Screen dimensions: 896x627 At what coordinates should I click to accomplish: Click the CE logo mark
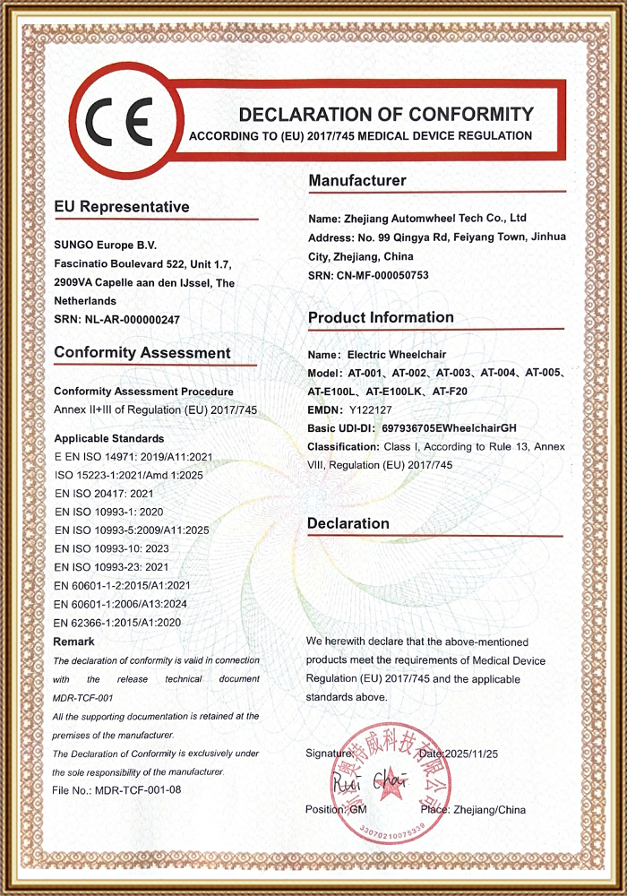(x=117, y=117)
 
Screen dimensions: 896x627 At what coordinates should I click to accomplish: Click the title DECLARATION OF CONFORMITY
(x=386, y=115)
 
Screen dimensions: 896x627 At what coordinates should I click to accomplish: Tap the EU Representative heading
(x=122, y=207)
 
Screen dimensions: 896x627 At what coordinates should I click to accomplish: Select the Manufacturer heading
(x=357, y=181)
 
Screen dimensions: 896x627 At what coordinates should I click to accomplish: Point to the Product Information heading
(x=381, y=317)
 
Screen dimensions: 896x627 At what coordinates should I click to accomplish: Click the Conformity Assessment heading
(x=142, y=353)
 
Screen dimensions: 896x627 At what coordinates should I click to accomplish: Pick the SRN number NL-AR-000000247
(x=132, y=320)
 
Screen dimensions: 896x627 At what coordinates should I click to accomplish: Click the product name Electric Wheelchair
(x=399, y=355)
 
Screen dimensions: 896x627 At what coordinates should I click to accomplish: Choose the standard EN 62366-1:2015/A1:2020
(x=118, y=623)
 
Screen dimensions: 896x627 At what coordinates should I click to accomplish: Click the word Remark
(x=74, y=642)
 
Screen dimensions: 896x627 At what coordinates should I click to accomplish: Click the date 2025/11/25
(x=477, y=754)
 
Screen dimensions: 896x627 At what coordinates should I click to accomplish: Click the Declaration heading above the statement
(x=348, y=523)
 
